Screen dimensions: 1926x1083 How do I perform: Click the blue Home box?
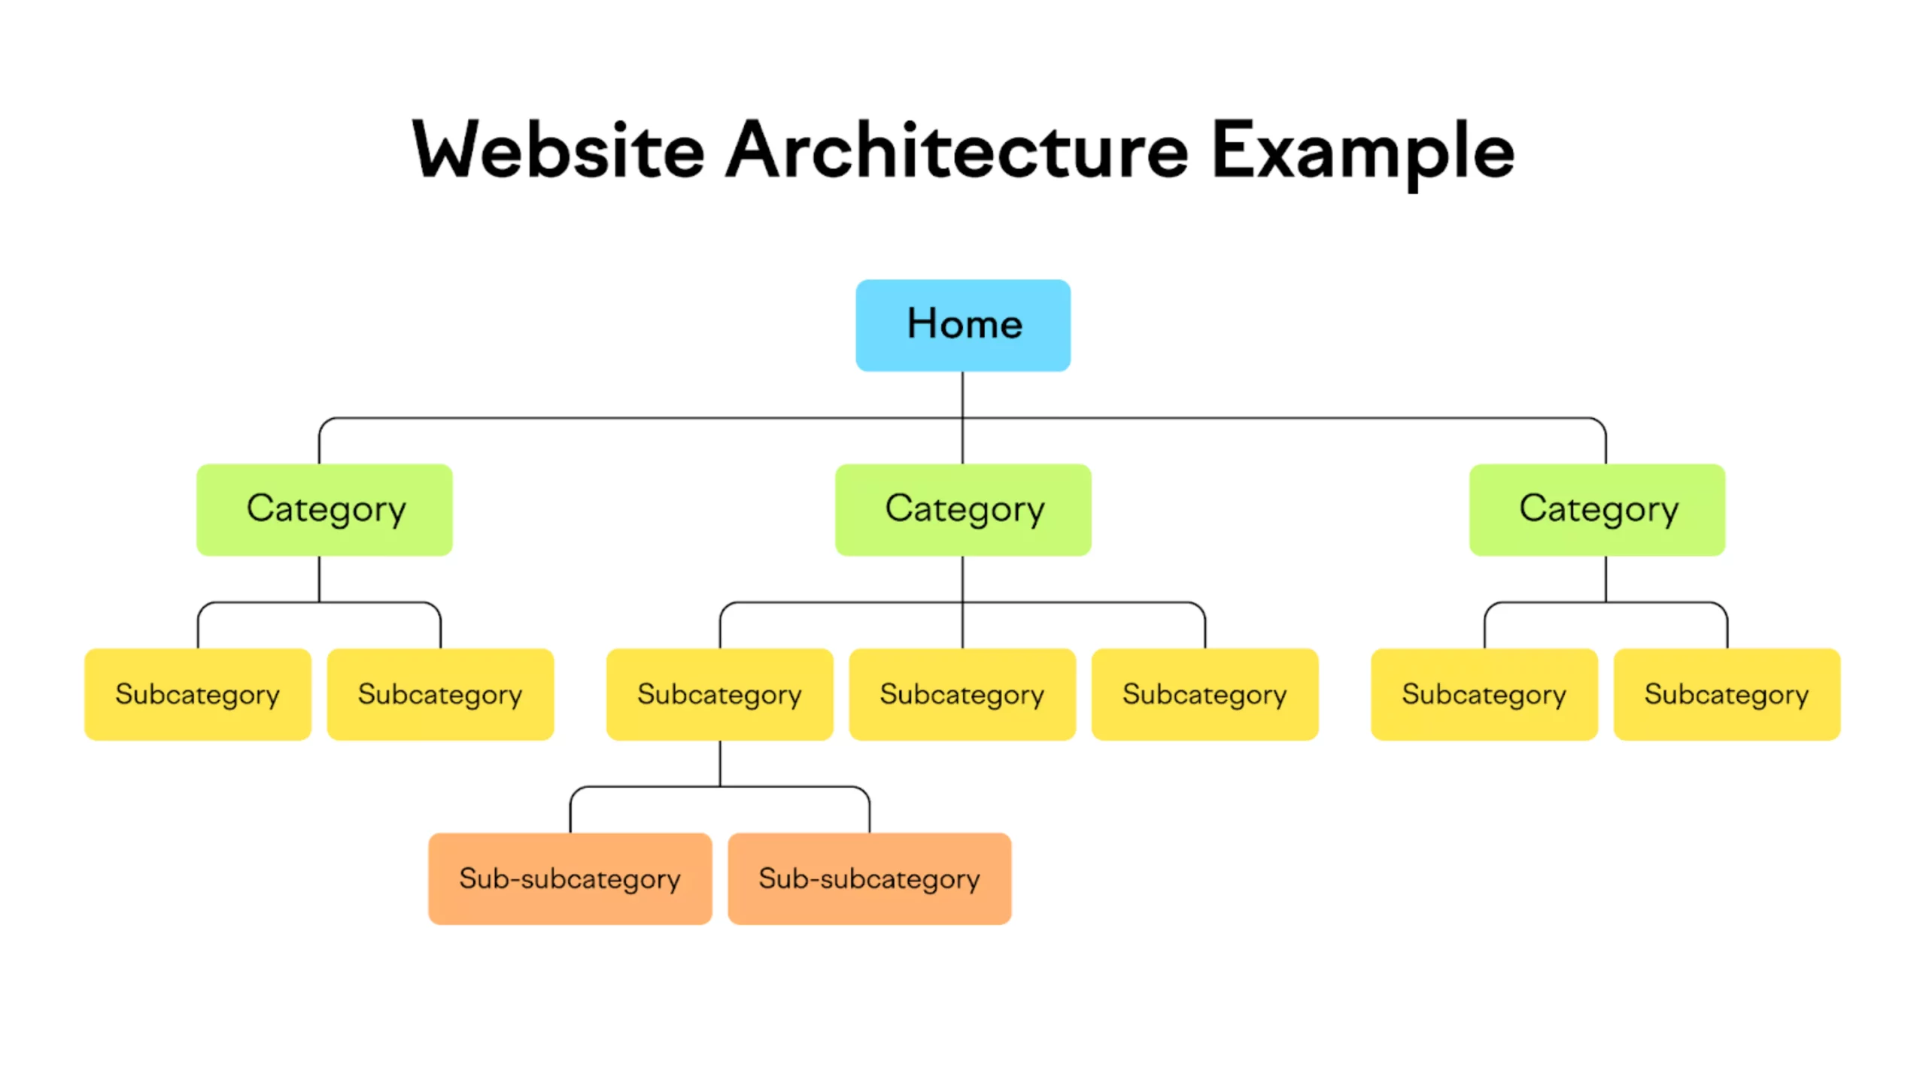(962, 325)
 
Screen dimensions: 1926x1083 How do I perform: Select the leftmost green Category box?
(324, 509)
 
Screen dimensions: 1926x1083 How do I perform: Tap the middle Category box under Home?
(963, 509)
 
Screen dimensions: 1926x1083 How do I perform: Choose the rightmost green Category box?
(1597, 509)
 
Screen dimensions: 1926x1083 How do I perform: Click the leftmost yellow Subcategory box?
(198, 694)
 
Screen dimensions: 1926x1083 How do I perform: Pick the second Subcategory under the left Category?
(440, 694)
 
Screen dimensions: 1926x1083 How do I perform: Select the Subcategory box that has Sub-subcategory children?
(720, 694)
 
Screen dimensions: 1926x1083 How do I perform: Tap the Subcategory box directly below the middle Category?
(962, 694)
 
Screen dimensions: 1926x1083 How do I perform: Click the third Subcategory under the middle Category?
(1205, 694)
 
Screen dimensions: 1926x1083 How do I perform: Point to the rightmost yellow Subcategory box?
(1727, 694)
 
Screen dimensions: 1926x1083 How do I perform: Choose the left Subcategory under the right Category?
(1484, 694)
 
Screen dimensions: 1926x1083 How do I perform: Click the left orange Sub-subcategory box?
(570, 878)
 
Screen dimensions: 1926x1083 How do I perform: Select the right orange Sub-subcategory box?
(870, 878)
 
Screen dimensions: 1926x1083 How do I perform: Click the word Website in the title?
(558, 150)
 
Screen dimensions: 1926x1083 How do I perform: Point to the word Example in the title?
(1363, 154)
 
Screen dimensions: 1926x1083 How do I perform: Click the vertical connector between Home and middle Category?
(962, 417)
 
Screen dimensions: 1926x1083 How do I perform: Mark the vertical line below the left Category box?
(319, 578)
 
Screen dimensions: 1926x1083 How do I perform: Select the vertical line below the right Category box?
(1606, 578)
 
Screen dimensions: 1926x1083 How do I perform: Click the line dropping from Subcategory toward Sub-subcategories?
(720, 763)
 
